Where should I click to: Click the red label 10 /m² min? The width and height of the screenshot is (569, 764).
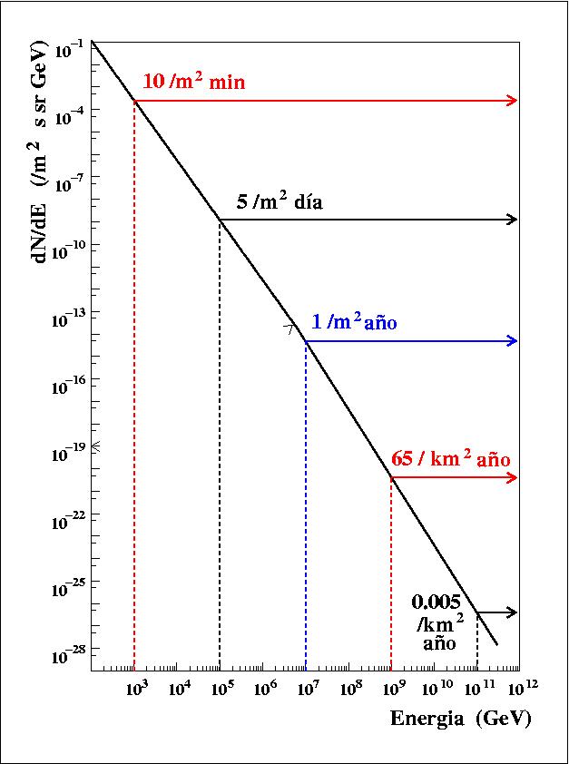point(194,83)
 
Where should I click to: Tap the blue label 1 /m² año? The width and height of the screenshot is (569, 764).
point(355,322)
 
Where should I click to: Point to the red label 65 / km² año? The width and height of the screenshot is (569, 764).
point(450,459)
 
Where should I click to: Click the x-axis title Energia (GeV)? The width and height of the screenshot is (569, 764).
point(460,719)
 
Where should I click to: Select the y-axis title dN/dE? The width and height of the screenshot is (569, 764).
point(41,219)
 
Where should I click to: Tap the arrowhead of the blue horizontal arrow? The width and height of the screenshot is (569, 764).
point(513,341)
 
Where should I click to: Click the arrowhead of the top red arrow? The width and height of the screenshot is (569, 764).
point(513,101)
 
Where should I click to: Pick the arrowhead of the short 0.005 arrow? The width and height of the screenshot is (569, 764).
point(513,612)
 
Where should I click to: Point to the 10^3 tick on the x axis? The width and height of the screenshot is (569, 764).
point(135,691)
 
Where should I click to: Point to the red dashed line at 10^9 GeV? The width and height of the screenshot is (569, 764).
point(391,572)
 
